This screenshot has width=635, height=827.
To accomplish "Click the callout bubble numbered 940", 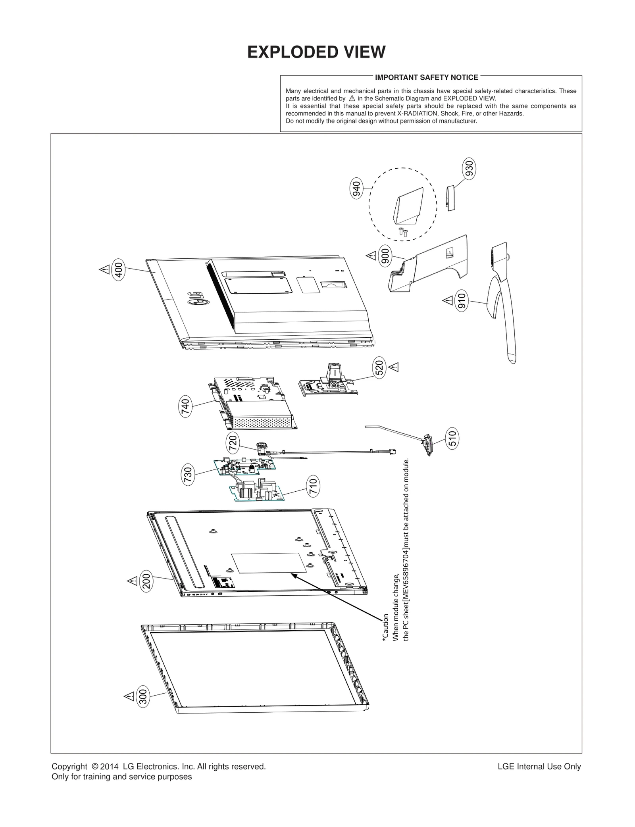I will tap(357, 189).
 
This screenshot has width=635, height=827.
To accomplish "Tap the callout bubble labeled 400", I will tap(119, 270).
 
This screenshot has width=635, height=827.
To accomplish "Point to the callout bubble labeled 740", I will tap(185, 408).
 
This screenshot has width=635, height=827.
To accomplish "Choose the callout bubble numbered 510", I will tap(452, 438).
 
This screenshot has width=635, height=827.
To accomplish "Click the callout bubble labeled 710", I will tap(314, 487).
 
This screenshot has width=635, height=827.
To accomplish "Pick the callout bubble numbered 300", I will tap(143, 708).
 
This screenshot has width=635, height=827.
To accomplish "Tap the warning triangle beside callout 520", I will tap(393, 367).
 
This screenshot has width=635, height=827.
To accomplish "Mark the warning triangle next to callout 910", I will tap(448, 300).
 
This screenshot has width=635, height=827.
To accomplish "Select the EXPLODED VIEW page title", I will tap(316, 52).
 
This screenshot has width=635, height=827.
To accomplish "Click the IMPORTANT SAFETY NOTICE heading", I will tap(426, 77).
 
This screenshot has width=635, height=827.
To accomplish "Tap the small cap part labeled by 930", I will tap(451, 198).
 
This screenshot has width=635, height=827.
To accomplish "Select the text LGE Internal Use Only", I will tap(539, 767).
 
